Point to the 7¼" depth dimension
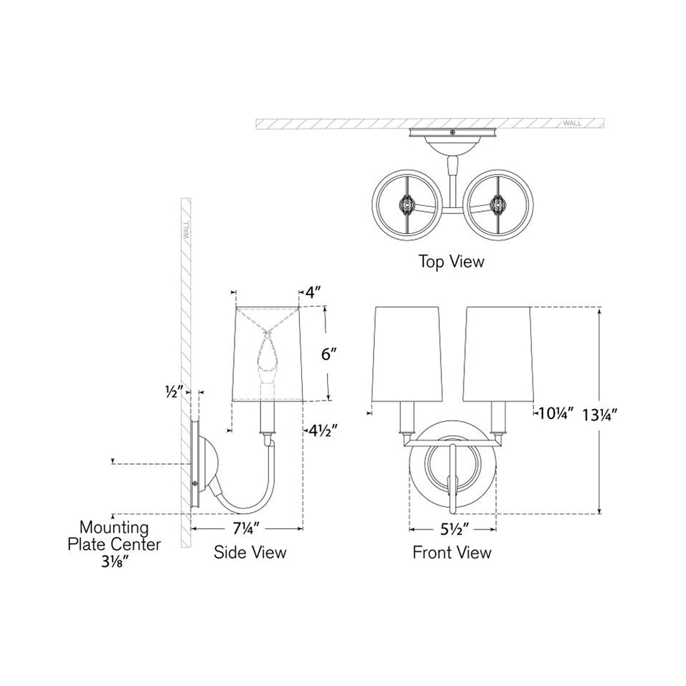point(247,528)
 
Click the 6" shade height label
point(327,354)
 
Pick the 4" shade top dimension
point(313,292)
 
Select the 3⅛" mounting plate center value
point(114,561)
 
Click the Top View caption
point(452,261)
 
